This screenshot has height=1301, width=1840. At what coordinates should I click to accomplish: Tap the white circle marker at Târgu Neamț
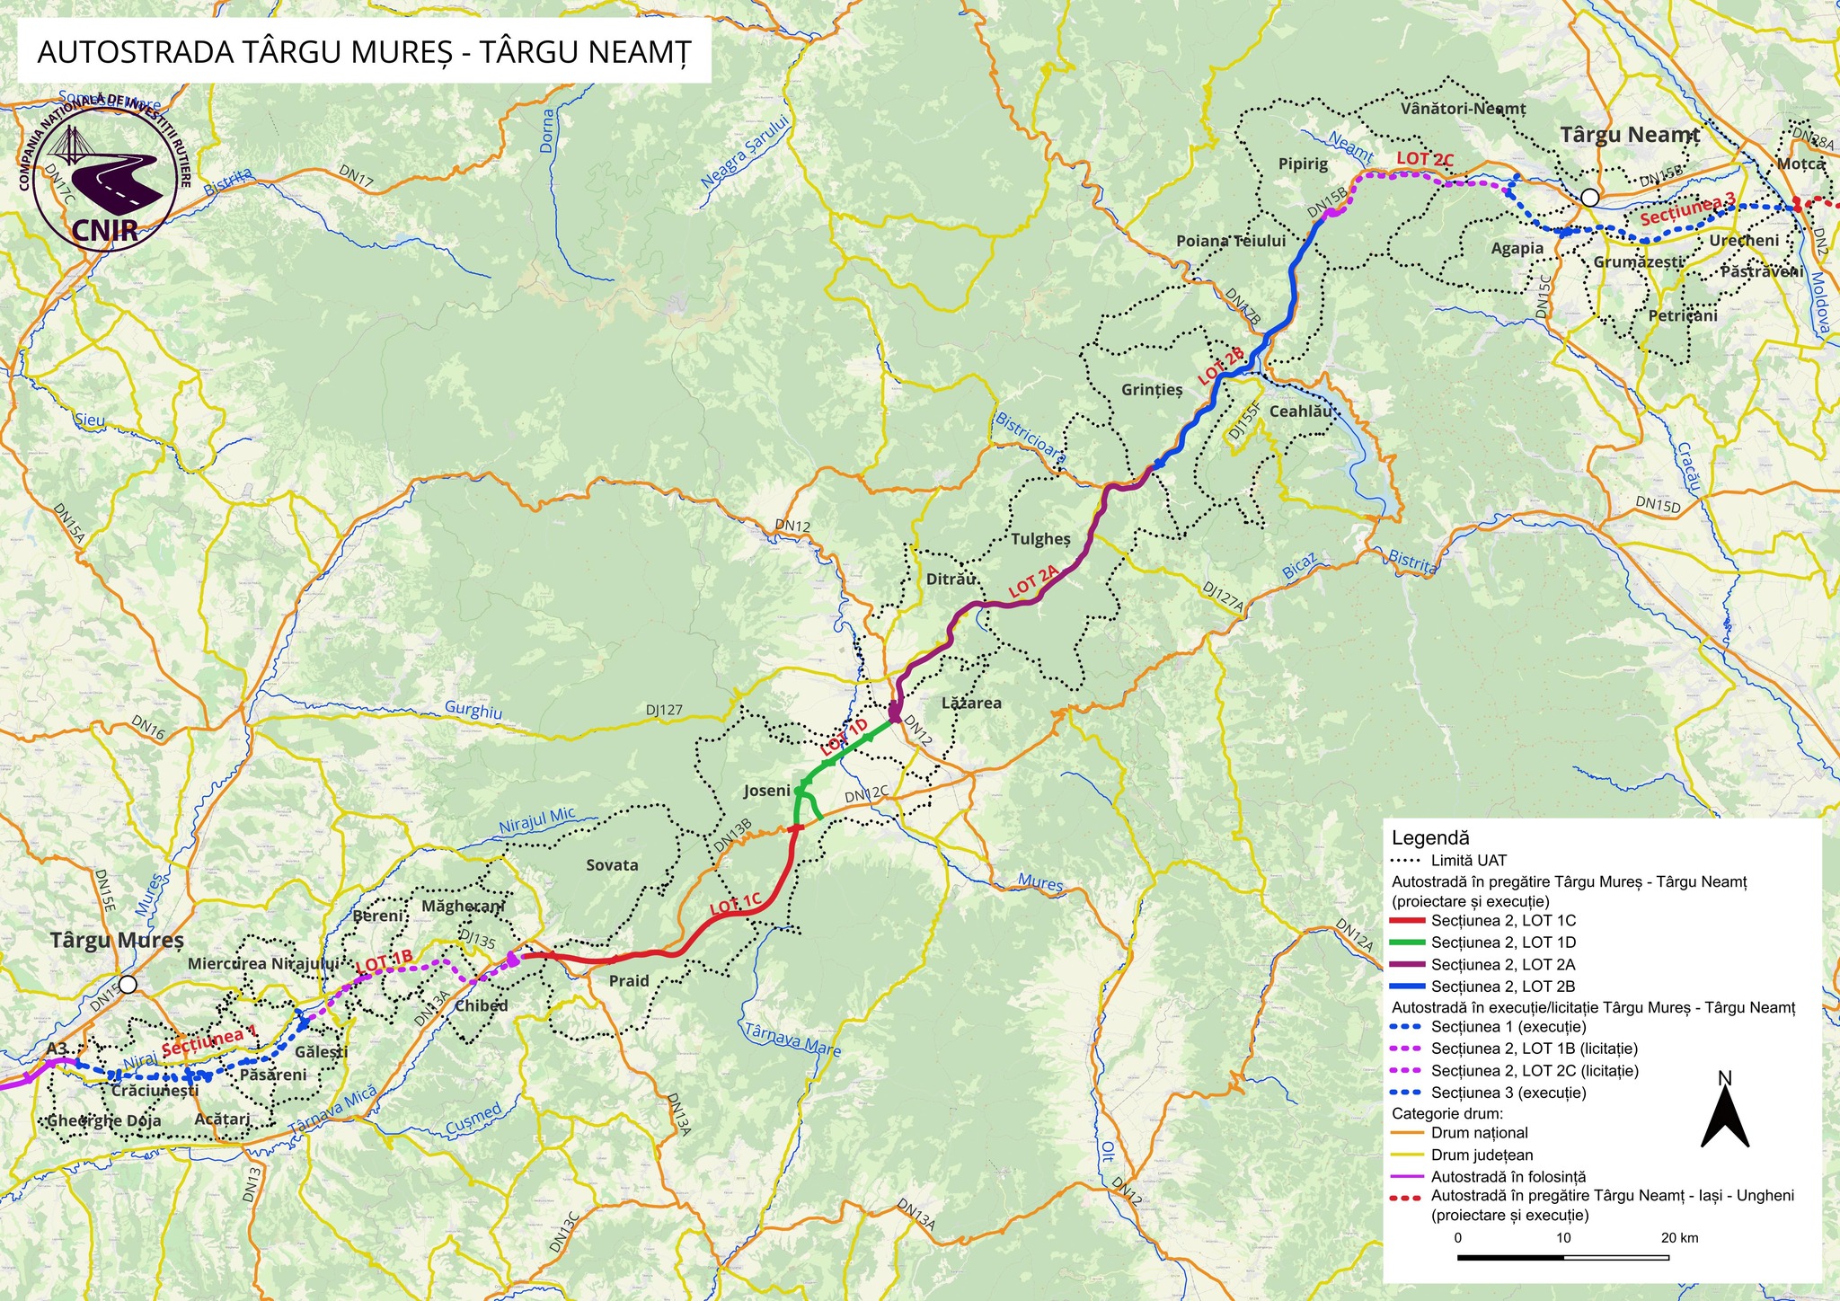click(x=1589, y=197)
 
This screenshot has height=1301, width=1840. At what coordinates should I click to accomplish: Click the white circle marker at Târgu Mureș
click(x=128, y=985)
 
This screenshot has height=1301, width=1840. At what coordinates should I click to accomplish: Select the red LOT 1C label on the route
click(x=736, y=905)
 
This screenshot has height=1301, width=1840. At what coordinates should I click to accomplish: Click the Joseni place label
click(x=766, y=791)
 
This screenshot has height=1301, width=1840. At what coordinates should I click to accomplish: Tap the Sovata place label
click(x=612, y=865)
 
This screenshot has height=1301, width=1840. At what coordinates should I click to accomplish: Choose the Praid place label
click(x=629, y=980)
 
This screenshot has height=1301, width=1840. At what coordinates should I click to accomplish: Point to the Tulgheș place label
click(x=1040, y=539)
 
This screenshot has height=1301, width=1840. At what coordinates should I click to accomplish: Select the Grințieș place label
click(x=1152, y=390)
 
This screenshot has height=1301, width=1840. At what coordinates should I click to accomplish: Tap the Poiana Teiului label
click(x=1231, y=241)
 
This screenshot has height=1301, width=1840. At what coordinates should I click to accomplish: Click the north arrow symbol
click(x=1725, y=1114)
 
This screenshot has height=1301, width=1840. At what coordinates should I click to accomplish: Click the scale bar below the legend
click(x=1563, y=1257)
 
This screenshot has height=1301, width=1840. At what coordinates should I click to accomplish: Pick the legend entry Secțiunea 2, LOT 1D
click(x=1503, y=943)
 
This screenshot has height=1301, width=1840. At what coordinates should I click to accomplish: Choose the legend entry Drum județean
click(x=1482, y=1155)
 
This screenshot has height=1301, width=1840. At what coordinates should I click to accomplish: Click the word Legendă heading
click(x=1430, y=837)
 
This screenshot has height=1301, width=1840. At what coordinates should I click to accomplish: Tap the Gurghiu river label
click(x=473, y=711)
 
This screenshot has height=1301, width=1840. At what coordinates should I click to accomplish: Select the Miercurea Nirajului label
click(x=263, y=963)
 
